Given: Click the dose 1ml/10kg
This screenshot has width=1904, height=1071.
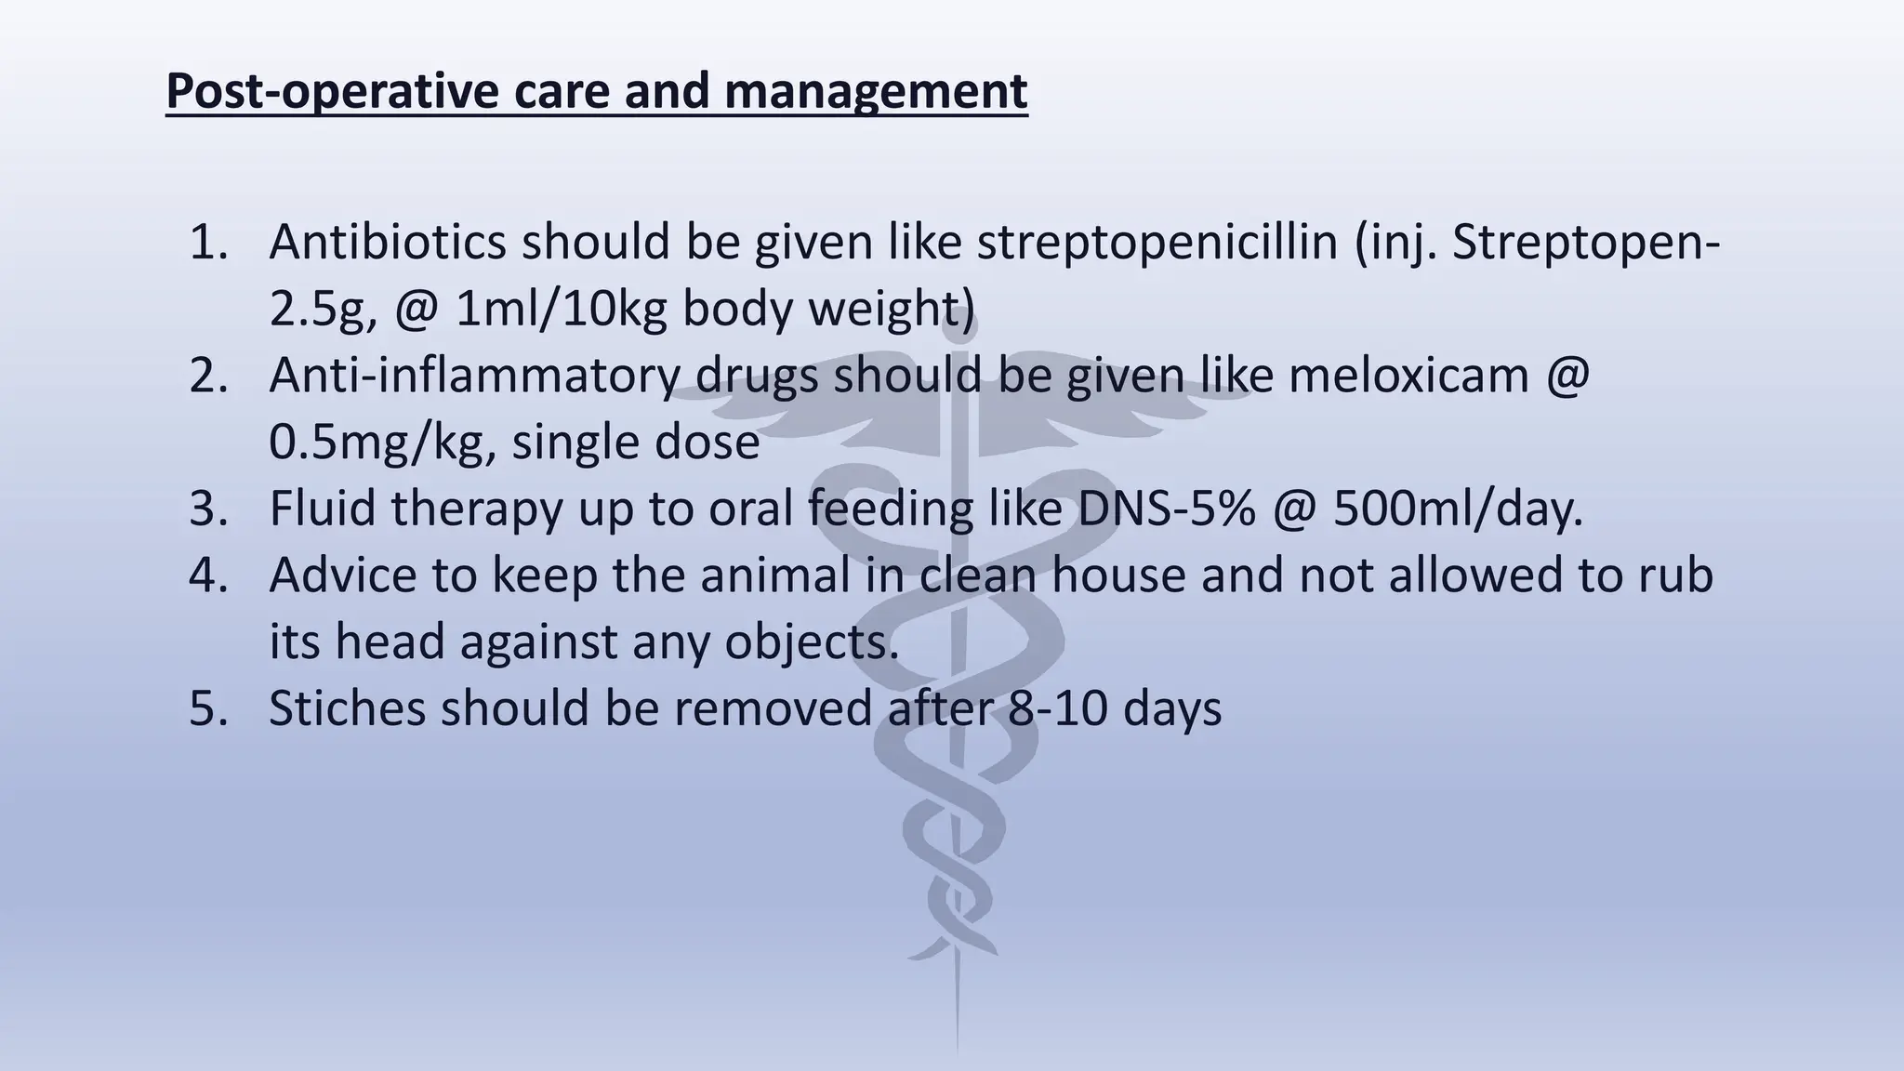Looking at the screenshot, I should coord(561,309).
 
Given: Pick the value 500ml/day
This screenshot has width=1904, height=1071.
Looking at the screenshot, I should coord(1457,509).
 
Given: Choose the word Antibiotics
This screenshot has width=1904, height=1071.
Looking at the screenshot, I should coord(387,242).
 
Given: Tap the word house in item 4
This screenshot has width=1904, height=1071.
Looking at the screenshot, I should coord(1118,575).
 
